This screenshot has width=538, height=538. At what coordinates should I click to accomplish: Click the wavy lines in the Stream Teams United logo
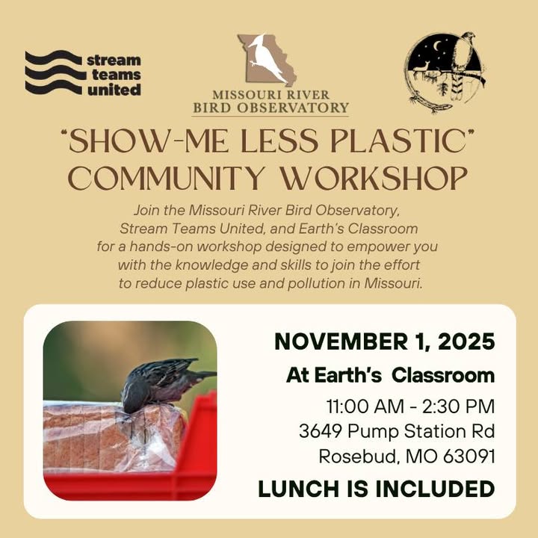(54, 72)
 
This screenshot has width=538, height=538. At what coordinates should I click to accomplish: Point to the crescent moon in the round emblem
(438, 46)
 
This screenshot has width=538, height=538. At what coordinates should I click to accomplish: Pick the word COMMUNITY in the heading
(167, 178)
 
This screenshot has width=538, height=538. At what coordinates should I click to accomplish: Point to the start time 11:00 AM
(365, 406)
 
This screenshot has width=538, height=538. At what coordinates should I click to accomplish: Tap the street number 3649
(321, 431)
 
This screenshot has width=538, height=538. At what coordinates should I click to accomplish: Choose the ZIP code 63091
(469, 457)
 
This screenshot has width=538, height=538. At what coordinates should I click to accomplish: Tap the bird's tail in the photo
(202, 374)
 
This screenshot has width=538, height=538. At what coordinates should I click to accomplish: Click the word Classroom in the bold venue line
(443, 376)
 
